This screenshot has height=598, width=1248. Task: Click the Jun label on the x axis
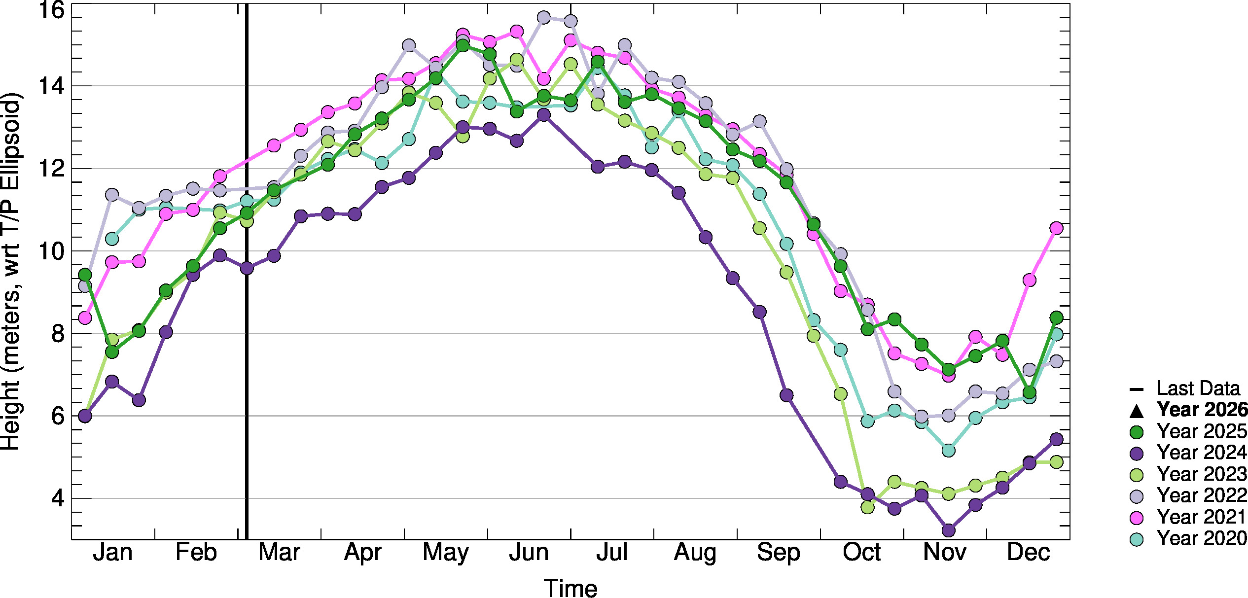click(x=529, y=553)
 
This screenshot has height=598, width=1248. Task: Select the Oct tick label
click(x=861, y=553)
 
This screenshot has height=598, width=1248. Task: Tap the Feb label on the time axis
click(x=196, y=553)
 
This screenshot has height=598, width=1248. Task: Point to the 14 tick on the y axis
click(x=51, y=86)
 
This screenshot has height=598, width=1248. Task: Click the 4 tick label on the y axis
click(x=58, y=498)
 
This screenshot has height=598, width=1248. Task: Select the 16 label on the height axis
click(x=51, y=10)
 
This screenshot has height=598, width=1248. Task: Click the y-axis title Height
click(x=11, y=271)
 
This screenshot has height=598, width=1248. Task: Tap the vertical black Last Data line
click(x=247, y=345)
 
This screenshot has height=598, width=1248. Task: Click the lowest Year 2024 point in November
click(x=948, y=530)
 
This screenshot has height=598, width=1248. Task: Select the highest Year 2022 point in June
click(x=543, y=18)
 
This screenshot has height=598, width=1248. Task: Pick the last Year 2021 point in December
click(x=1056, y=228)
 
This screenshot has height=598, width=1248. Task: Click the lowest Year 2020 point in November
click(x=948, y=451)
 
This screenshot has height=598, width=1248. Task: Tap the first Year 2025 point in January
click(x=85, y=275)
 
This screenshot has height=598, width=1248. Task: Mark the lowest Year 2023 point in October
click(x=868, y=507)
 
